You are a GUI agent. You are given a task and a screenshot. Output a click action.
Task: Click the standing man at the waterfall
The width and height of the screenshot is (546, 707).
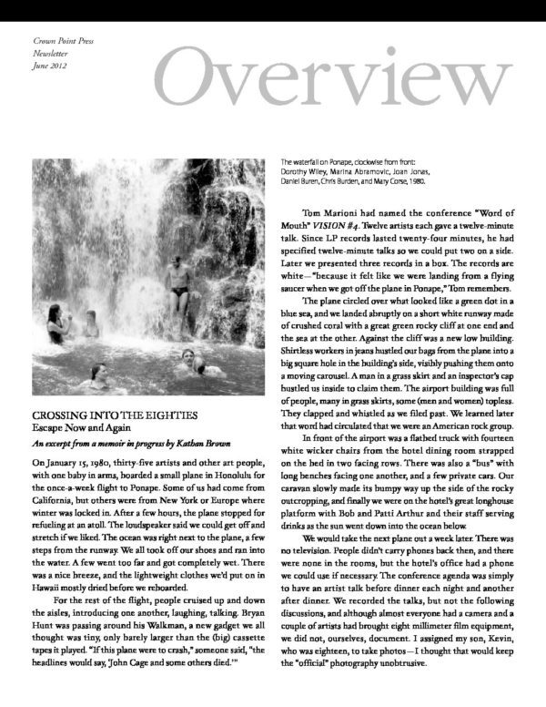pyautogui.click(x=178, y=283)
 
